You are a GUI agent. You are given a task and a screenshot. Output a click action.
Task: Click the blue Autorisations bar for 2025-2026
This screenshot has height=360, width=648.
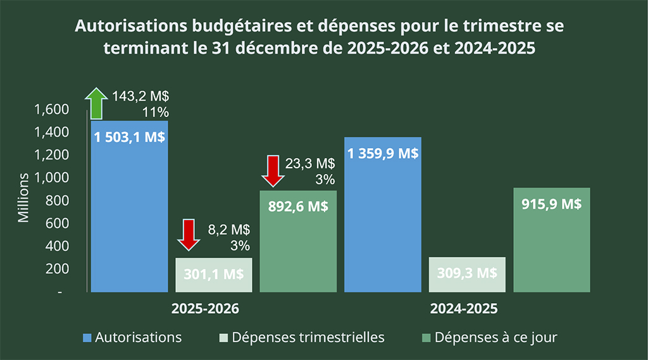tap(130, 209)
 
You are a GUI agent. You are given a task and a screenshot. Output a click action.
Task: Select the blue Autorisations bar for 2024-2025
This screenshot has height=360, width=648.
tap(383, 215)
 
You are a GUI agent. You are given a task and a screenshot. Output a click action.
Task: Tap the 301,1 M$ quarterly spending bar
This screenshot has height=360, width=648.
tap(214, 275)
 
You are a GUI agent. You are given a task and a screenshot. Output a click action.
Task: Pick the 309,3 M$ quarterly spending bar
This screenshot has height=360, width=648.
tap(467, 275)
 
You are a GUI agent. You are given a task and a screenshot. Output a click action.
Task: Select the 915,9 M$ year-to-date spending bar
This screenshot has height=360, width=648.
tap(552, 240)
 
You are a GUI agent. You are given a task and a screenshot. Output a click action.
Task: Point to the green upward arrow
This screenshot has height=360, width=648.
tap(97, 103)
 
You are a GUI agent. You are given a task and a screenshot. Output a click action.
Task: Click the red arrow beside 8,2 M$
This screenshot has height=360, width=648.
tap(188, 235)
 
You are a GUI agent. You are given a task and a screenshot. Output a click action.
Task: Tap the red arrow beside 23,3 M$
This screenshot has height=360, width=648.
tap(273, 170)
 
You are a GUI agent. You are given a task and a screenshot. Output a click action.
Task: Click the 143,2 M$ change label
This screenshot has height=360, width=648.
tap(141, 96)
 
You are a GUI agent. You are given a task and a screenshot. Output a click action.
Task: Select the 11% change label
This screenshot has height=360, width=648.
tap(155, 113)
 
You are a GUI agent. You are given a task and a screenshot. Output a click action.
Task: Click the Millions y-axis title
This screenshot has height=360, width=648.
tap(23, 197)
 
